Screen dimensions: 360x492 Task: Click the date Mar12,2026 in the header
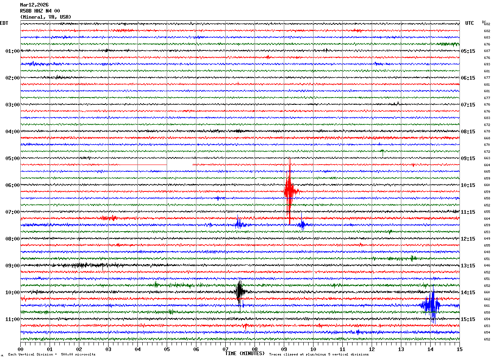(x=34, y=5)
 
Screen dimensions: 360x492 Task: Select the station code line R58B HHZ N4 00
(x=40, y=11)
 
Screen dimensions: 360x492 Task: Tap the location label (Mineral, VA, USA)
(x=46, y=17)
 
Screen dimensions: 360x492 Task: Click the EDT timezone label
(x=4, y=23)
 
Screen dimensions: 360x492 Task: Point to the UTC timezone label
(x=470, y=23)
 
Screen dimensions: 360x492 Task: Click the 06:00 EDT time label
(x=12, y=185)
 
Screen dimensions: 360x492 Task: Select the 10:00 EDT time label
(x=12, y=293)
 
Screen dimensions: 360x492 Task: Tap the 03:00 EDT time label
(x=12, y=105)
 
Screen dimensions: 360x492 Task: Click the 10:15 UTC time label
(x=468, y=185)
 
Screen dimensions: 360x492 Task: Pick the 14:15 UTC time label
(x=468, y=293)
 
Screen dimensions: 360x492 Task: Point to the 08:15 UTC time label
(x=468, y=132)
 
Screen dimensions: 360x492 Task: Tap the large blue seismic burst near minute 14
(x=431, y=305)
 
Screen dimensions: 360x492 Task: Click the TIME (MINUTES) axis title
(x=245, y=353)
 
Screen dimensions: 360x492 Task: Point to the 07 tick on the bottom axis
(x=225, y=349)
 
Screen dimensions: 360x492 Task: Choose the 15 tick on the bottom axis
(x=459, y=349)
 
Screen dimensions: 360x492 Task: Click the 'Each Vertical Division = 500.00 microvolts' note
(x=52, y=355)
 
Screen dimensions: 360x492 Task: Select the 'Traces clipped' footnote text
(x=319, y=355)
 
